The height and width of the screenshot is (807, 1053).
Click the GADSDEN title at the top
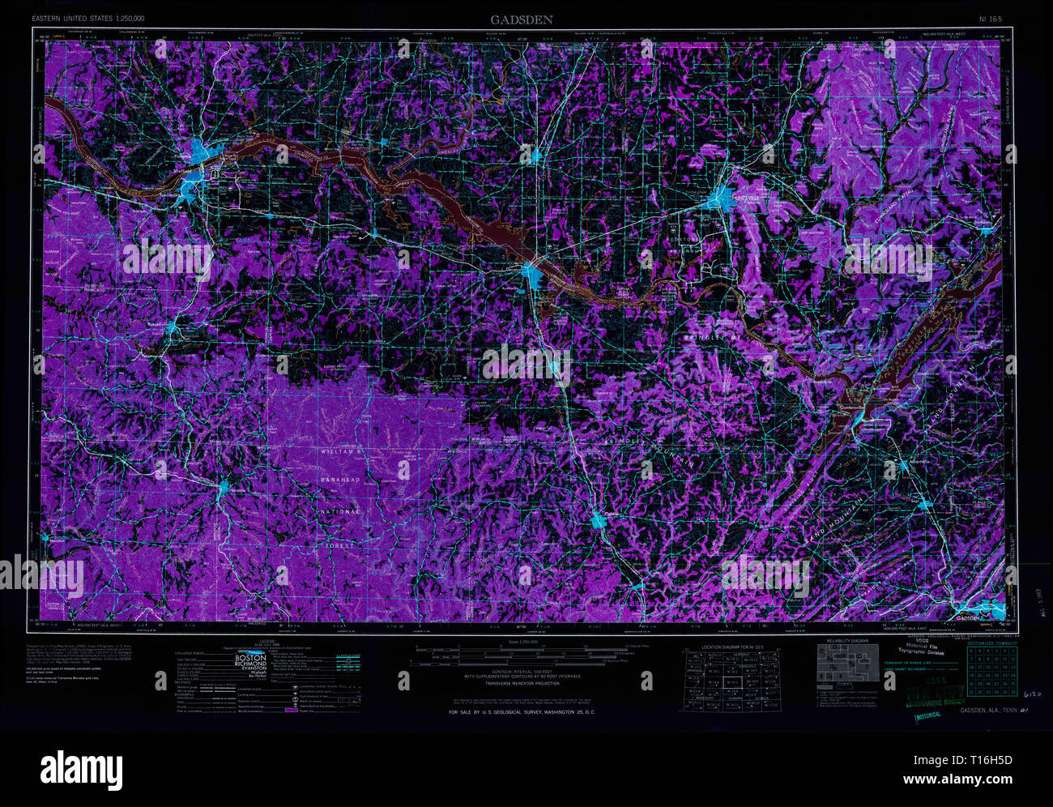[521, 19]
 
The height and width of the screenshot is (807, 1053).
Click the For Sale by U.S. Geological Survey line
[522, 712]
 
